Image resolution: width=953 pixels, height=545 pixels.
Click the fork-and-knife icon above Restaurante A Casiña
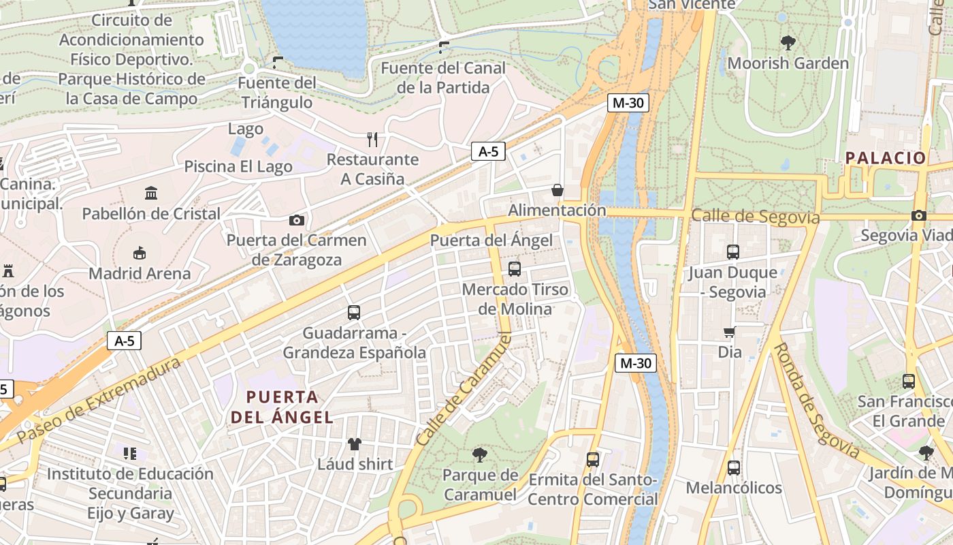pyautogui.click(x=372, y=140)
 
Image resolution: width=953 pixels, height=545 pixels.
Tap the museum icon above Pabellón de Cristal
pyautogui.click(x=151, y=193)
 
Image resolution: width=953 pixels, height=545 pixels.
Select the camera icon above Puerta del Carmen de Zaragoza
pyautogui.click(x=296, y=220)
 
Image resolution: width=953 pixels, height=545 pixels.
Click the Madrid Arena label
pyautogui.click(x=140, y=274)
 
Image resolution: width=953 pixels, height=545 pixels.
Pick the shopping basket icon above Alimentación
pyautogui.click(x=557, y=190)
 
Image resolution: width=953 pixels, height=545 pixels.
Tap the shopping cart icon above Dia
pyautogui.click(x=730, y=332)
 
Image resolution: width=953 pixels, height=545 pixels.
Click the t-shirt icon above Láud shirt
pyautogui.click(x=355, y=444)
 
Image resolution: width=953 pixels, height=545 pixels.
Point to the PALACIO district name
pyautogui.click(x=886, y=158)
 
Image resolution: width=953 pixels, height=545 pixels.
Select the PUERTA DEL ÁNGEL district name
pyautogui.click(x=282, y=407)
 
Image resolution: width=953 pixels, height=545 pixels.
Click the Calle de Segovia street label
pyautogui.click(x=755, y=217)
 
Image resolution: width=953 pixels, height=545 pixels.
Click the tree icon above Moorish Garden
pyautogui.click(x=788, y=43)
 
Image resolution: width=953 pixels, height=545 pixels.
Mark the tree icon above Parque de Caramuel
pyautogui.click(x=480, y=454)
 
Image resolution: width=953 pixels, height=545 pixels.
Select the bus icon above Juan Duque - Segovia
pyautogui.click(x=732, y=252)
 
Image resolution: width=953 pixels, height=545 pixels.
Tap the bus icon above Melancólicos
pyautogui.click(x=733, y=468)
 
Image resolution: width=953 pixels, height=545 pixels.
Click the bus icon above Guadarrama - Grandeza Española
pyautogui.click(x=354, y=313)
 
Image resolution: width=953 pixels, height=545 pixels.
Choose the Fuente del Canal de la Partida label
pyautogui.click(x=443, y=78)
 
